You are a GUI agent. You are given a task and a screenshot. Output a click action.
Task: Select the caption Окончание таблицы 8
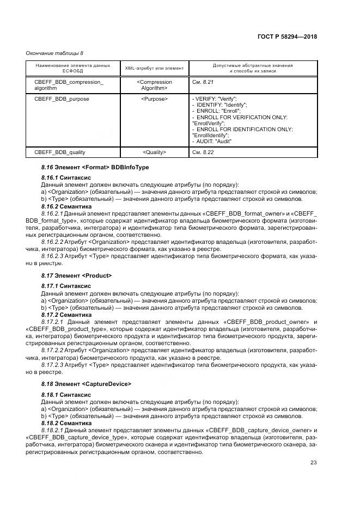54,53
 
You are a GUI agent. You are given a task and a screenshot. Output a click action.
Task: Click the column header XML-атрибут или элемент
154,68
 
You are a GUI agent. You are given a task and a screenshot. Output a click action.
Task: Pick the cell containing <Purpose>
154,99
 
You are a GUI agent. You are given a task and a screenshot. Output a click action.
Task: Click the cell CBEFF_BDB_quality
59,152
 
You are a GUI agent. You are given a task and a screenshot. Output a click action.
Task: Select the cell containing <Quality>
154,152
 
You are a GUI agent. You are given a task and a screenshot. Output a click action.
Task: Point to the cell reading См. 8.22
205,152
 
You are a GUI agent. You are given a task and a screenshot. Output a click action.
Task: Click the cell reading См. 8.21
205,81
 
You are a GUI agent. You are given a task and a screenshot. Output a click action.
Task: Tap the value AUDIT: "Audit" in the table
215,141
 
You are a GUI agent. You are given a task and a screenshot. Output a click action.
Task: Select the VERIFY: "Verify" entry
216,99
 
